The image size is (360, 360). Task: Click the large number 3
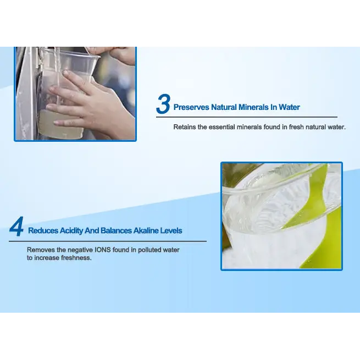(163, 104)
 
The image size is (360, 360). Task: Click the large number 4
(16, 226)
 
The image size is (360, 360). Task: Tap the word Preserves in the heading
(191, 107)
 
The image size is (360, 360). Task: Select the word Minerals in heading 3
(253, 107)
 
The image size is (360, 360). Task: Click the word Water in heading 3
(289, 107)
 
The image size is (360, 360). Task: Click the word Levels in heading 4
(171, 230)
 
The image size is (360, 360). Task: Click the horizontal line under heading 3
(247, 117)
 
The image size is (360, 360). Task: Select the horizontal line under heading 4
(108, 241)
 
